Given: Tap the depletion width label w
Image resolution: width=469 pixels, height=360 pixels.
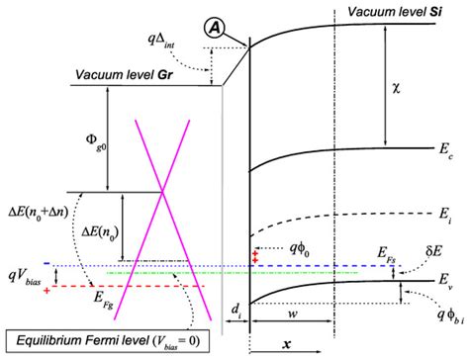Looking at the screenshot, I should [x=326, y=315].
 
